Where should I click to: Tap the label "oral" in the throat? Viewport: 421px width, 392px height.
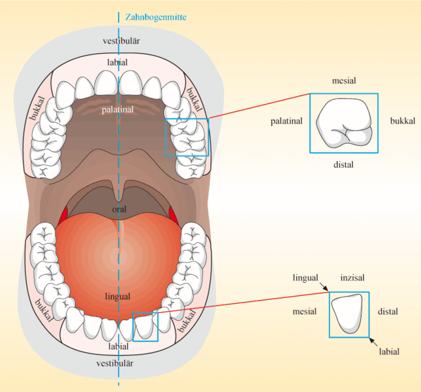[x=119, y=210]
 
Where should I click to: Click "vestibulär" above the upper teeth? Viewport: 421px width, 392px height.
[x=121, y=41]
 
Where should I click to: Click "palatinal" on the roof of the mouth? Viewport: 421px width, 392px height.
[x=117, y=110]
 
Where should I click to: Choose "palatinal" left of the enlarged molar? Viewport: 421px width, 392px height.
[x=287, y=121]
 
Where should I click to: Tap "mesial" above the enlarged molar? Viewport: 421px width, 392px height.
[x=343, y=83]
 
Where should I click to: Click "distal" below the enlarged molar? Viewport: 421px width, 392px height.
[x=343, y=165]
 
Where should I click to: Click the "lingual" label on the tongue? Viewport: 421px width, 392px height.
[x=118, y=297]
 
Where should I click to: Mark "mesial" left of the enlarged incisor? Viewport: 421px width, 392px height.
[x=304, y=312]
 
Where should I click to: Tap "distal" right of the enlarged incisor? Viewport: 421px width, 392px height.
[x=388, y=312]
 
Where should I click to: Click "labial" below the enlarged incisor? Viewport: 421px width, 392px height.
[x=389, y=351]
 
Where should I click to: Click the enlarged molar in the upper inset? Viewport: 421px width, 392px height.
[x=343, y=123]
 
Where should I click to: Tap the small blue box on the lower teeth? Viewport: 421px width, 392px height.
[x=145, y=327]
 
